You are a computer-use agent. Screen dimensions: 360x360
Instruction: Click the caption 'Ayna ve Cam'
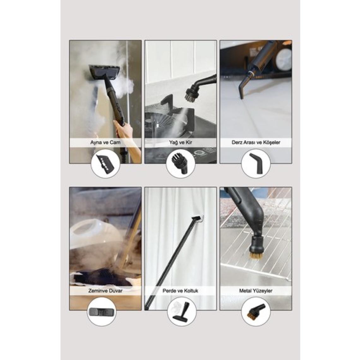click(x=105, y=142)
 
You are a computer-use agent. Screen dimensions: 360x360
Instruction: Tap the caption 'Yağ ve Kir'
click(x=180, y=142)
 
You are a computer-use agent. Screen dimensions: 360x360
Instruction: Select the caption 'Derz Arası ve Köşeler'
click(x=256, y=142)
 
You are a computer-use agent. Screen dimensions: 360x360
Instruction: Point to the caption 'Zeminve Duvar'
click(x=105, y=291)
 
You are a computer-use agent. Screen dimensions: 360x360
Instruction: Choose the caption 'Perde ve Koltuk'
click(x=180, y=291)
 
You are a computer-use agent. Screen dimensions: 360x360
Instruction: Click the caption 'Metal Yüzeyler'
click(x=256, y=291)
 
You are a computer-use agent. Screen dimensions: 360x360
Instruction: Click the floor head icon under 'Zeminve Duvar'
click(x=101, y=312)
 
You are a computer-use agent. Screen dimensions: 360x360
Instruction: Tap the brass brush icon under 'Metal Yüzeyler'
click(x=256, y=311)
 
